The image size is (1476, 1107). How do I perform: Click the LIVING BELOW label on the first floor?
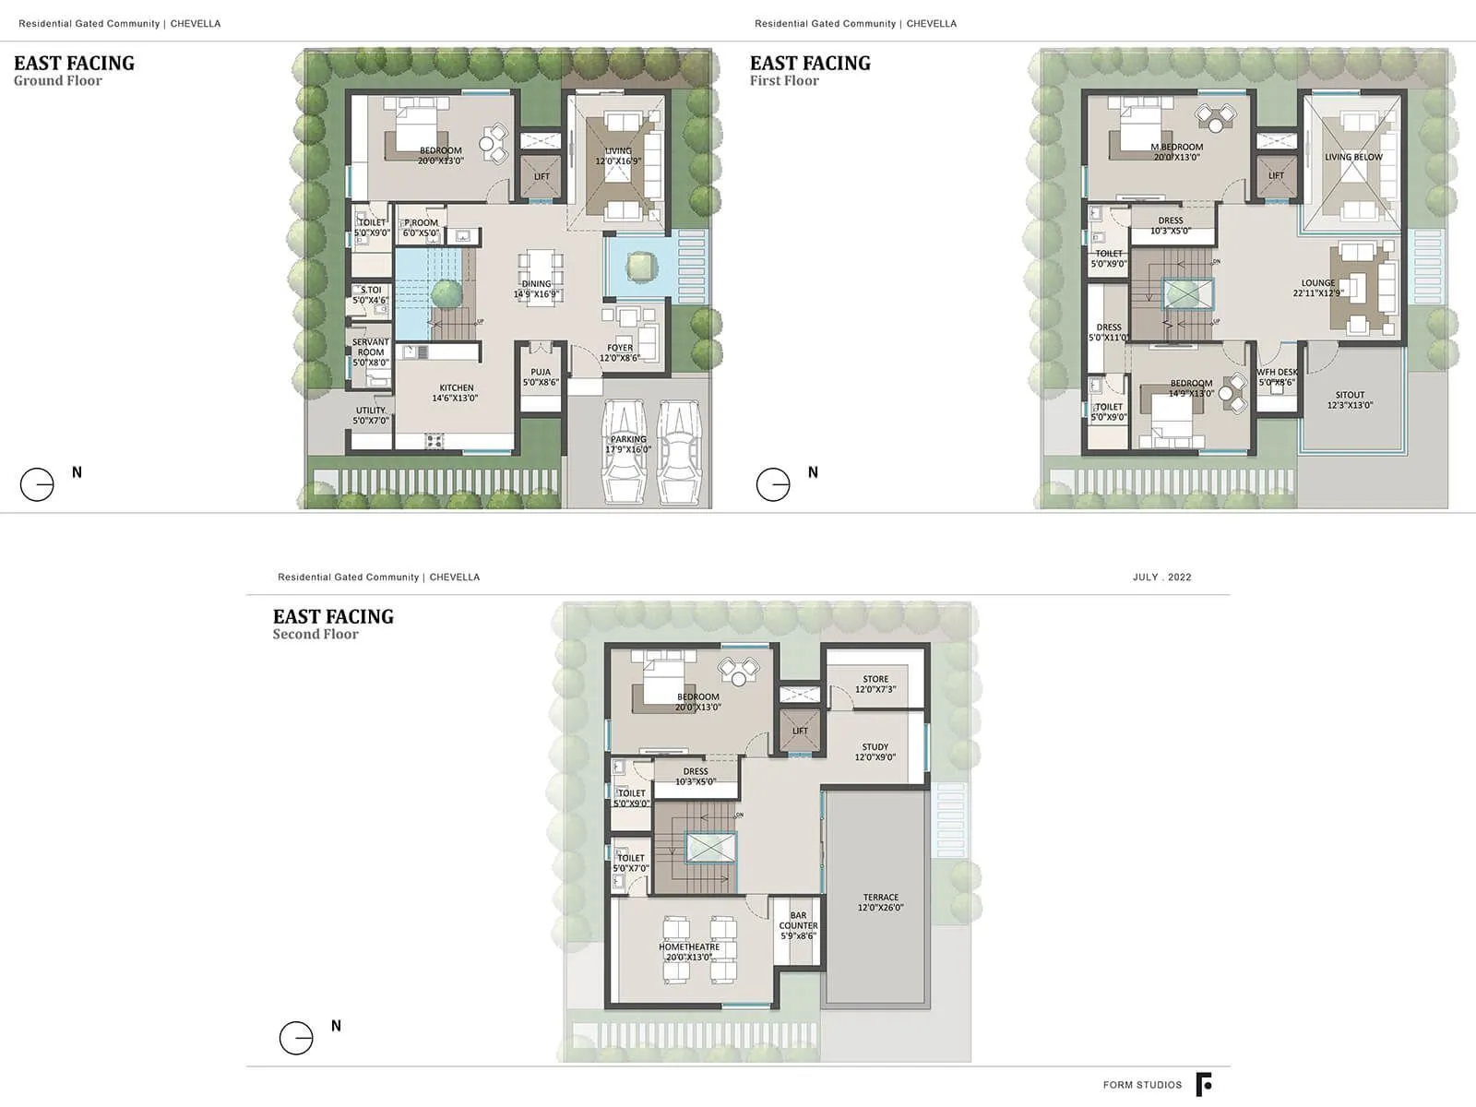[1353, 157]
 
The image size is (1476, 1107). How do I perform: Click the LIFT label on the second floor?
[800, 731]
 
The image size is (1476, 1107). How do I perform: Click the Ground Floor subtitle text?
[58, 81]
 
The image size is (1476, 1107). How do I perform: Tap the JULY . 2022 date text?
[1161, 577]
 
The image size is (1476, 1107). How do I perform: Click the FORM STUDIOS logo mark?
[1204, 1085]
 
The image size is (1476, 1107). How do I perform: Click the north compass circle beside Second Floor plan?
[296, 1038]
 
